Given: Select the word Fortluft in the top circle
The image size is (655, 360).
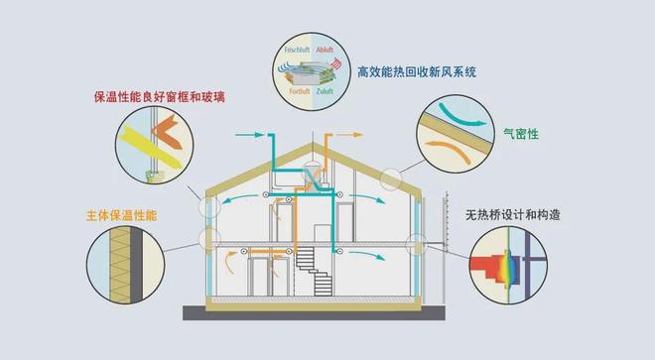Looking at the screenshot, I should click(301, 92).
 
